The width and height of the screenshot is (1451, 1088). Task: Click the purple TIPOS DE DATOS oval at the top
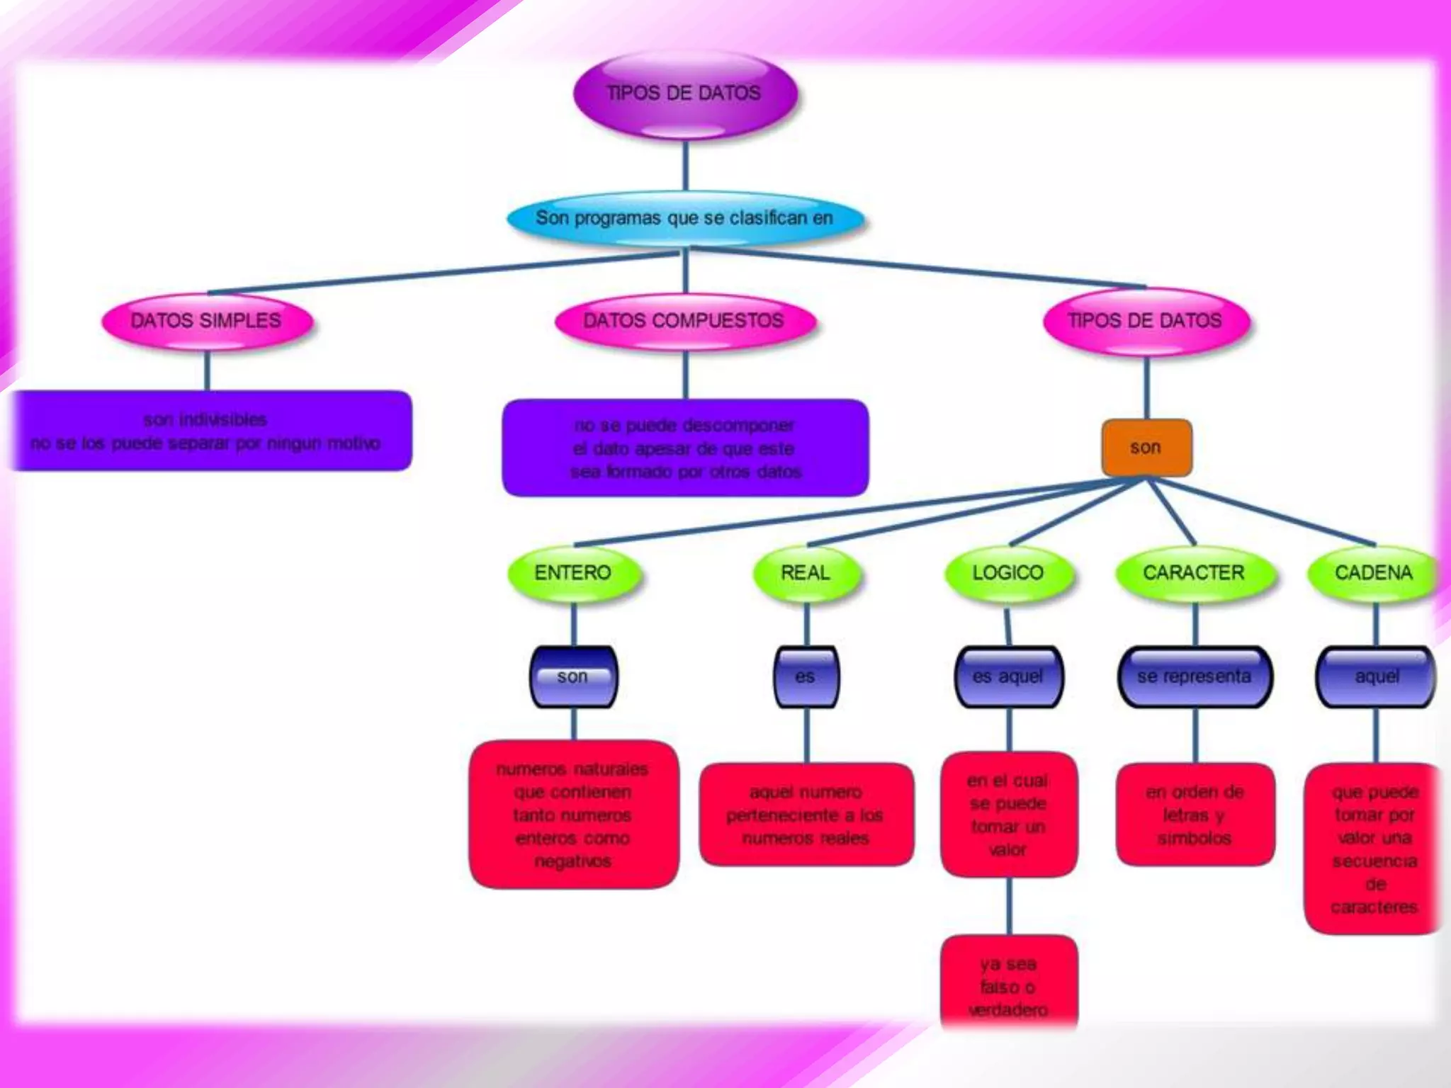click(684, 93)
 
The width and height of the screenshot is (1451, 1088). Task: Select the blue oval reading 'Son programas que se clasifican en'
click(684, 217)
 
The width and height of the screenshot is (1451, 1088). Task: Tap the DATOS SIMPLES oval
click(206, 321)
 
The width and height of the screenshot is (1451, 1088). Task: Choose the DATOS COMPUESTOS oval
click(684, 321)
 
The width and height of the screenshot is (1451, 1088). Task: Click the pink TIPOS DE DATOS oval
click(1145, 321)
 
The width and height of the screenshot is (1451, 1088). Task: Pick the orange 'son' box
click(1146, 448)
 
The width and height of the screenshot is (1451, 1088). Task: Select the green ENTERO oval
click(573, 572)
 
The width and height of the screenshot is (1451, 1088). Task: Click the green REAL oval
click(806, 572)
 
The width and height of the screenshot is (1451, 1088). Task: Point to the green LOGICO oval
click(1008, 572)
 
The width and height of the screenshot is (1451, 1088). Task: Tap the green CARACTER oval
click(1194, 572)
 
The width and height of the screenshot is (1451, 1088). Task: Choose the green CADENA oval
click(1373, 572)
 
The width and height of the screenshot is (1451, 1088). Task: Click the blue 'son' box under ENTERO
click(573, 677)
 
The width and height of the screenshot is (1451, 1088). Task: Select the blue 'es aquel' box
click(1008, 677)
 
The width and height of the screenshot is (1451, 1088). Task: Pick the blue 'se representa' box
click(1195, 677)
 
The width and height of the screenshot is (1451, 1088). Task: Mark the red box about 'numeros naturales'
click(573, 815)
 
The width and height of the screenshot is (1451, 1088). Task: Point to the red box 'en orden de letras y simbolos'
click(1195, 815)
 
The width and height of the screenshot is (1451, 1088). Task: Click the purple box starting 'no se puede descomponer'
click(685, 448)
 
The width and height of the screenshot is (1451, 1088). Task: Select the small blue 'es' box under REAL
click(806, 677)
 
